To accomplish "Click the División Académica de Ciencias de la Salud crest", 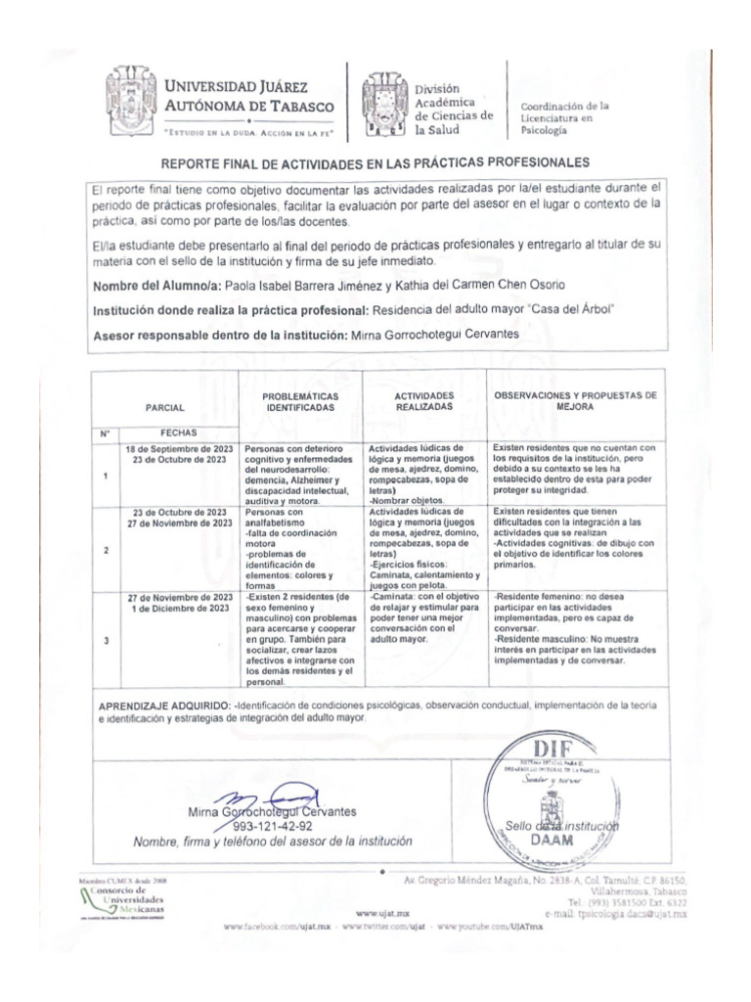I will click(x=383, y=104).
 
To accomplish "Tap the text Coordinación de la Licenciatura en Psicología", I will click(x=565, y=116).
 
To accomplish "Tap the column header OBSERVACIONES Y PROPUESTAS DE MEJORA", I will click(x=575, y=400).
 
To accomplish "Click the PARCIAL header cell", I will click(x=164, y=406).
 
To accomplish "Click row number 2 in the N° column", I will click(x=105, y=550).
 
